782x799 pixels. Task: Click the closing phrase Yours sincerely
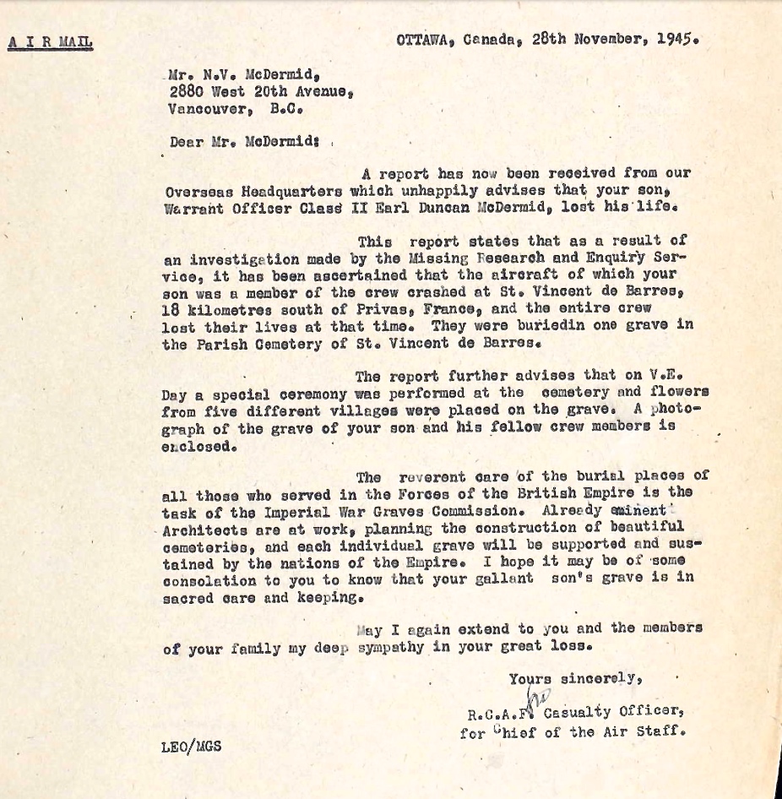tap(576, 677)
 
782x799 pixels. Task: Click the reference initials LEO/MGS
tap(191, 747)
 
